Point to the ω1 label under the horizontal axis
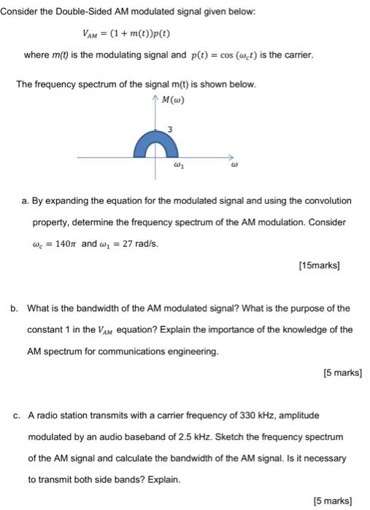tap(177, 166)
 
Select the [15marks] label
tap(320, 266)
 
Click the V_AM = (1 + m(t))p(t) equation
tap(127, 34)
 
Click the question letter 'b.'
tap(15, 308)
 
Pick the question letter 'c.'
tap(15, 415)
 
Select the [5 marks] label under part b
tap(342, 373)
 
